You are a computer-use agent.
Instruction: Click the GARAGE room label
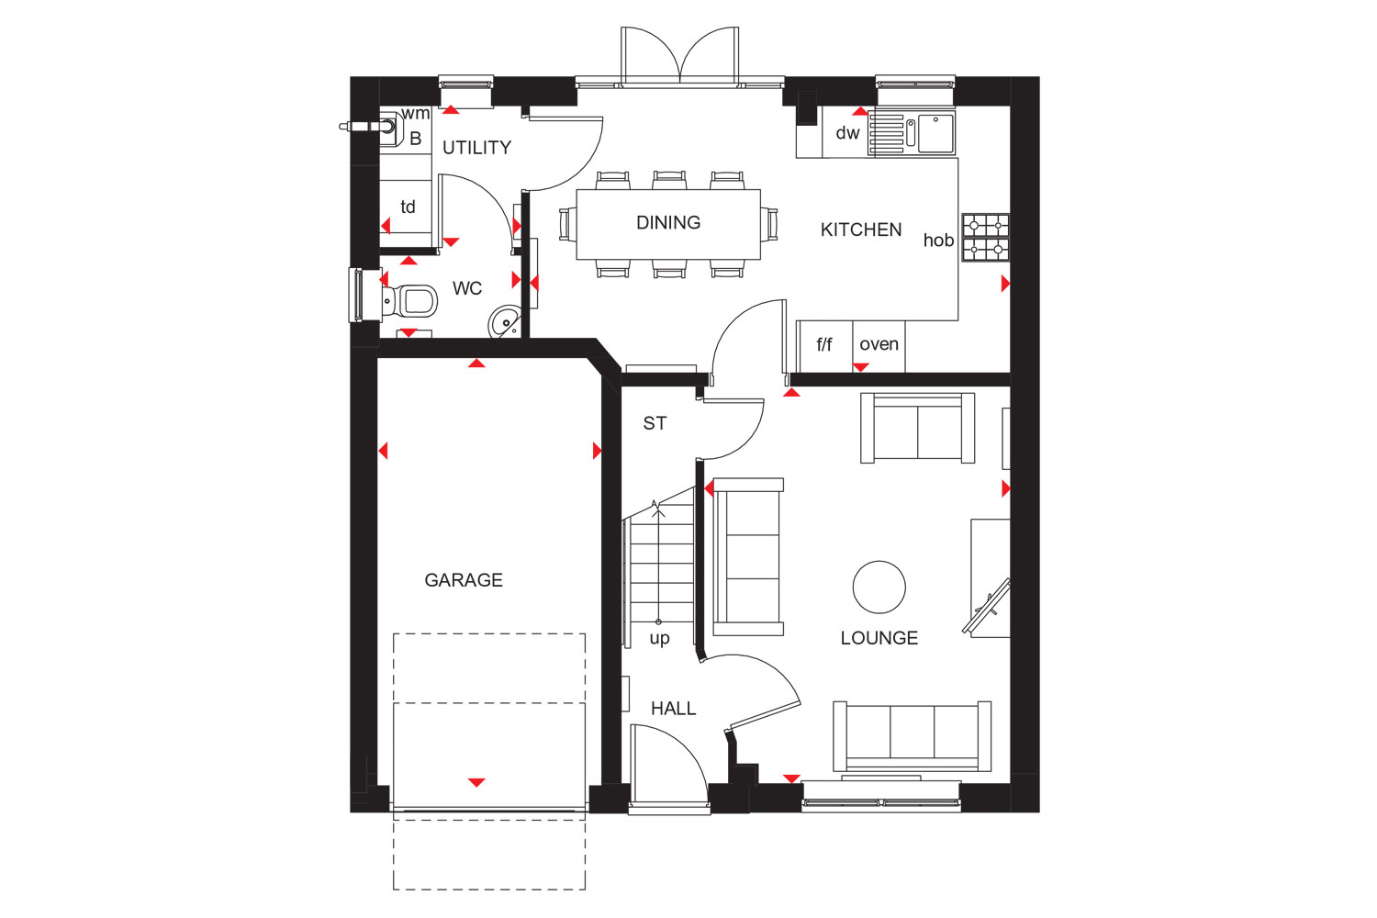(x=464, y=580)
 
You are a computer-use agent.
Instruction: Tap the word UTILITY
(x=477, y=148)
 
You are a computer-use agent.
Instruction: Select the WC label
(x=467, y=287)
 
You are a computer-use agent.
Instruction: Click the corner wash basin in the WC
(x=505, y=321)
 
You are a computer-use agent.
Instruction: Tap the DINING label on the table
(x=668, y=222)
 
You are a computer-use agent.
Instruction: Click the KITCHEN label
(x=861, y=229)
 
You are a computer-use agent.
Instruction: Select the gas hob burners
(x=985, y=238)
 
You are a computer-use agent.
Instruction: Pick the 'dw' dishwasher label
(x=847, y=132)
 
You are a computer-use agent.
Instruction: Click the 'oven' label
(x=879, y=344)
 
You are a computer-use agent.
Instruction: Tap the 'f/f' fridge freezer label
(x=823, y=344)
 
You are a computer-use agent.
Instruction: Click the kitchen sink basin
(x=936, y=133)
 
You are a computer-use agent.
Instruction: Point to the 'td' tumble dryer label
(x=408, y=207)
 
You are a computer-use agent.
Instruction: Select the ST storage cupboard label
(x=655, y=423)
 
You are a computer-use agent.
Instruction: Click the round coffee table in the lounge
(x=879, y=588)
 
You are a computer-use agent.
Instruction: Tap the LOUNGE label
(x=879, y=638)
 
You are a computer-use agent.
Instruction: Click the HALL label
(x=673, y=709)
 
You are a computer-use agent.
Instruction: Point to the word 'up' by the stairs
(x=660, y=638)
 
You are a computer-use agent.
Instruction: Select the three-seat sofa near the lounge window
(x=912, y=736)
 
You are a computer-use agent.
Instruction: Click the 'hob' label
(x=938, y=240)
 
